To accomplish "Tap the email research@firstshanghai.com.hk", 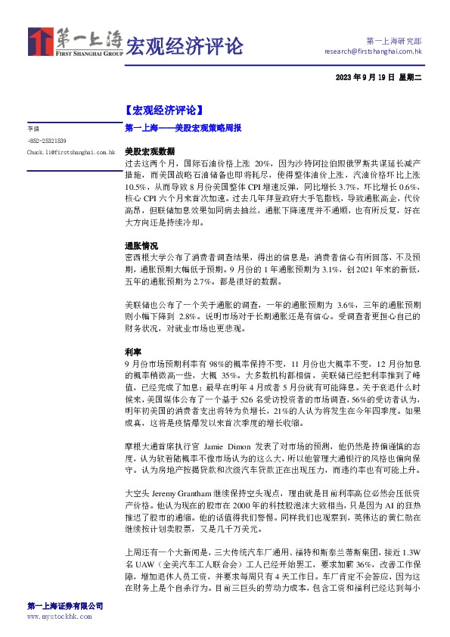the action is pos(372,51).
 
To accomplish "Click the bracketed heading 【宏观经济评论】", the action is pos(163,110).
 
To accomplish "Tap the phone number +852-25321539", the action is pos(47,141).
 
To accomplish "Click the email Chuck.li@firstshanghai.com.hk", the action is pos(70,152).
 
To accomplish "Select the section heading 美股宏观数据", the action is pos(149,151).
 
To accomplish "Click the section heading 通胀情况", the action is pos(141,247).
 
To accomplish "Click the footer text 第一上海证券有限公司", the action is pos(64,607).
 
